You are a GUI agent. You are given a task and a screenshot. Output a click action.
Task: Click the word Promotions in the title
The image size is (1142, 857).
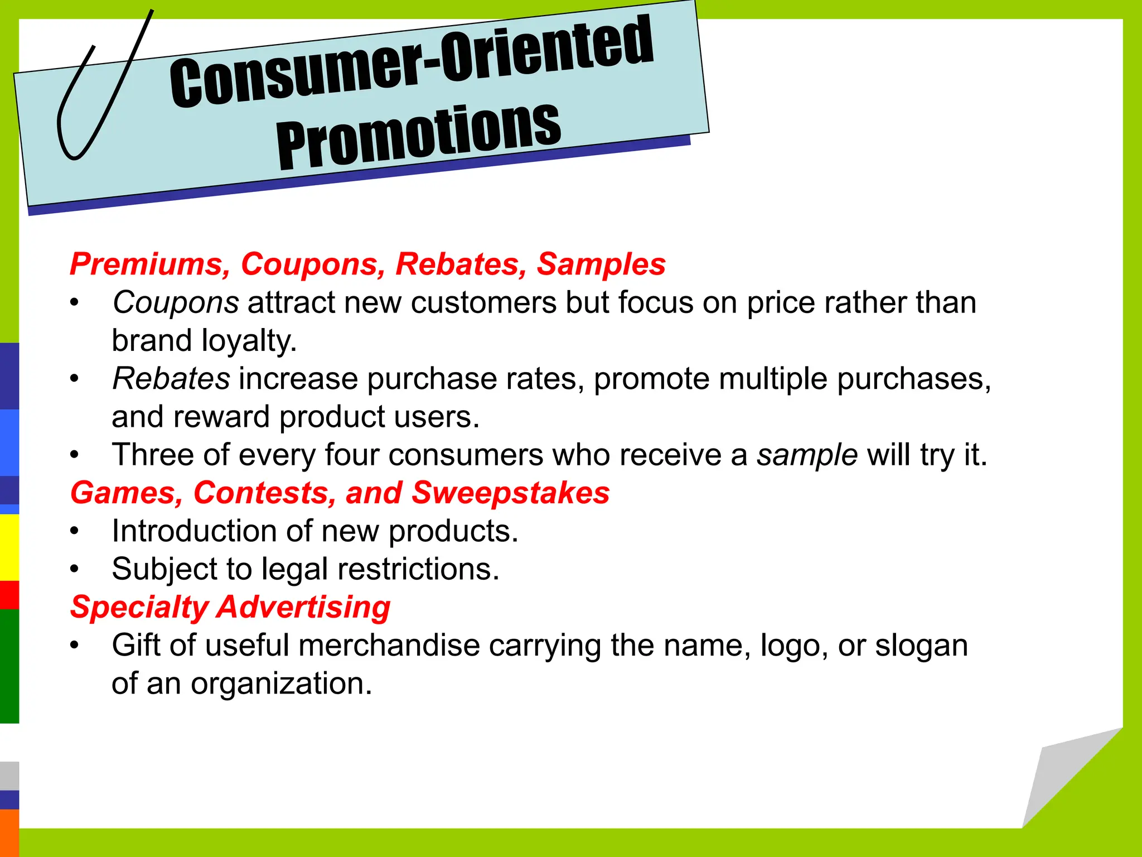[x=418, y=137]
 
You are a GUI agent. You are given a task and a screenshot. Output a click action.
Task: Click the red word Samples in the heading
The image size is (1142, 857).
[x=601, y=264]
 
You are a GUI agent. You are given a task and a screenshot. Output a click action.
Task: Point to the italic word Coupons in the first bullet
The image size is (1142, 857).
[x=176, y=303]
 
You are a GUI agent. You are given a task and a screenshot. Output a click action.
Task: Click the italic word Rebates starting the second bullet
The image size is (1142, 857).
[x=171, y=379]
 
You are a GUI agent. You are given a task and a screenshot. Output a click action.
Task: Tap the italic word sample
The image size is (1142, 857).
[x=807, y=455]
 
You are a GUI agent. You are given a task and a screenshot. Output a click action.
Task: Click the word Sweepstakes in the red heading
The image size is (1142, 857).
[x=510, y=493]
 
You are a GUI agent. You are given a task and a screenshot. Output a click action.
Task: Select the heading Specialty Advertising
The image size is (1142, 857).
[x=230, y=607]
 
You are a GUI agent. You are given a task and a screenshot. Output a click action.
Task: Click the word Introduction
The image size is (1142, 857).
[x=194, y=531]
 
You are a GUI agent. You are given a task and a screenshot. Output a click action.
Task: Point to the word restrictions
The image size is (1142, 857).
[x=418, y=569]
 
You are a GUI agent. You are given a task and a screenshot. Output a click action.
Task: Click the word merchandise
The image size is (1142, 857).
[x=389, y=646]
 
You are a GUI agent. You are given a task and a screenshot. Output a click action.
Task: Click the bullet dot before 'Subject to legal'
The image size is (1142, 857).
[x=75, y=570]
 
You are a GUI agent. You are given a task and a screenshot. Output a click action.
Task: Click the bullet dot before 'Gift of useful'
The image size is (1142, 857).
[x=75, y=646]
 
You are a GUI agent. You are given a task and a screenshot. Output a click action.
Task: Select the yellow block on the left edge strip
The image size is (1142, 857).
[x=9, y=547]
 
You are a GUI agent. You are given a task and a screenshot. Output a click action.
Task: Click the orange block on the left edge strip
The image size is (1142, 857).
[x=9, y=832]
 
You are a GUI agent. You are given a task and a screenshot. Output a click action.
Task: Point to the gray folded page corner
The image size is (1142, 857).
[x=1054, y=781]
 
